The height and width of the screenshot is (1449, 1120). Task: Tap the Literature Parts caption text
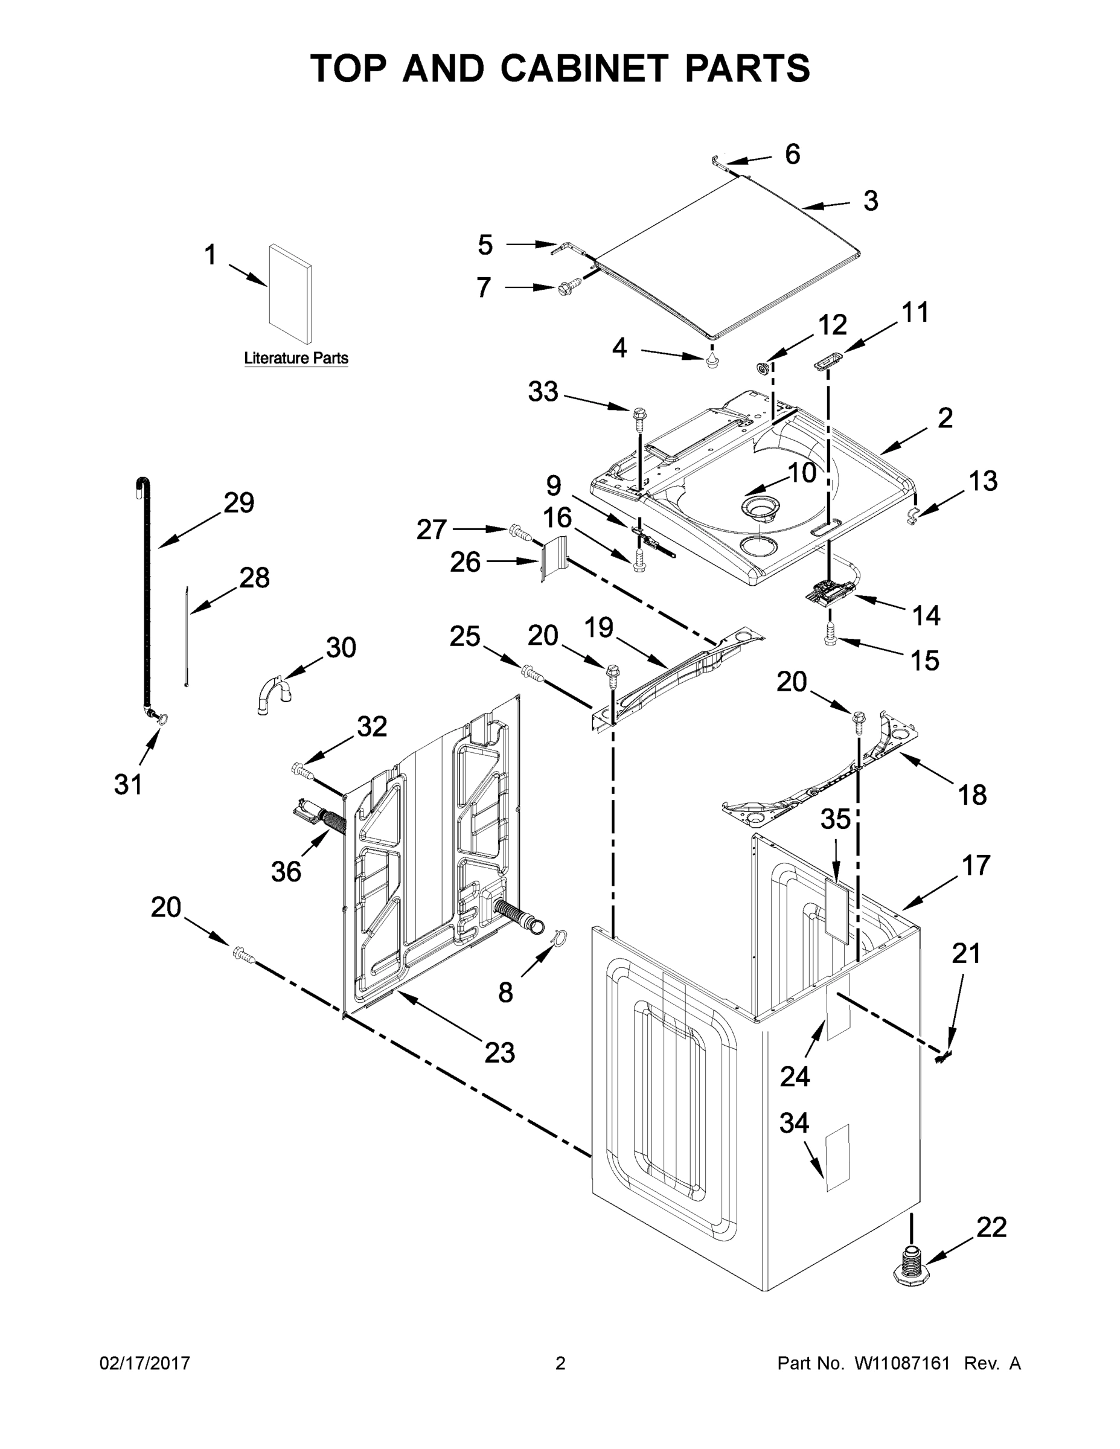point(296,358)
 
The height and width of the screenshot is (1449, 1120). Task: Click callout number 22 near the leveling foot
point(991,1227)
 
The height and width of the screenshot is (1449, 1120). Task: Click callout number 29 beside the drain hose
point(238,502)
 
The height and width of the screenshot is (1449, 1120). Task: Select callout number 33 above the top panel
point(543,391)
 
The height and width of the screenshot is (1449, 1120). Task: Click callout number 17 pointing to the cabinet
point(975,865)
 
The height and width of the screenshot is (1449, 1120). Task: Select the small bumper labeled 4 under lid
point(712,361)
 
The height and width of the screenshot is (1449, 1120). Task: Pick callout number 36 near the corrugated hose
point(286,871)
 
